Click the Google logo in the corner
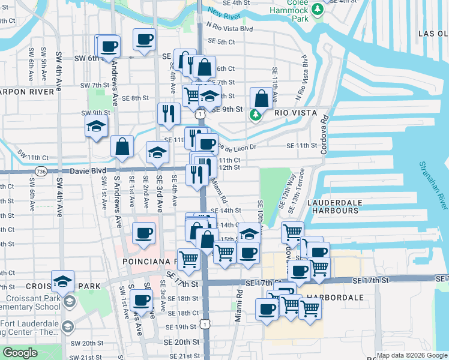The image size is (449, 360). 20,353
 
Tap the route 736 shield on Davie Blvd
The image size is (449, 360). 41,171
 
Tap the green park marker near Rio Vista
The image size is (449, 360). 256,113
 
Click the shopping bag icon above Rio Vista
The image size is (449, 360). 262,97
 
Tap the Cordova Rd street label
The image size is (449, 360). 324,135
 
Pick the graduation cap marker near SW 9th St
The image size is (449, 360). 95,127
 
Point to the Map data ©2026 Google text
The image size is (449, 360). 412,355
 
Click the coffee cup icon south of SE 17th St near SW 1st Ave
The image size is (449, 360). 142,299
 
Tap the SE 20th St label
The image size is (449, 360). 179,342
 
